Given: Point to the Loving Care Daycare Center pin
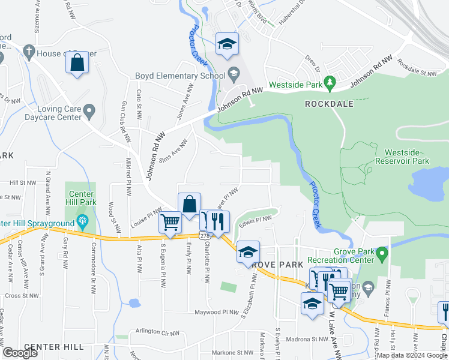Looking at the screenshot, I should click(89, 110).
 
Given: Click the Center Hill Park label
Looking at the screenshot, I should click(81, 198).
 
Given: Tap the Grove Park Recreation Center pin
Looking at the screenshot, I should click(381, 256).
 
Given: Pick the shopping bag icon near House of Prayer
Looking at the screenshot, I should click(77, 63).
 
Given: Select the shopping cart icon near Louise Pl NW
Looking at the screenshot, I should click(170, 223).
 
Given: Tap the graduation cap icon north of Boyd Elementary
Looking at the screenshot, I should click(227, 43).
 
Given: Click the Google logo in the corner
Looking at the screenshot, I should click(20, 353).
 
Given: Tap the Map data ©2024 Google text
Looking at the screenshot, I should click(411, 355).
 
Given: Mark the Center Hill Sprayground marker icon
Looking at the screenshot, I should click(82, 224).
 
